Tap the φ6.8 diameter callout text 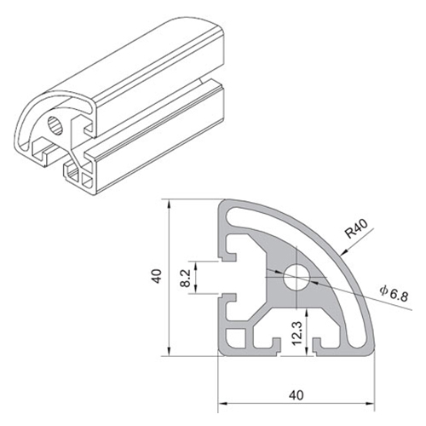coord(394,293)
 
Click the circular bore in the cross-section coord(297,276)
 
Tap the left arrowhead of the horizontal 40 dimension coord(221,401)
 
